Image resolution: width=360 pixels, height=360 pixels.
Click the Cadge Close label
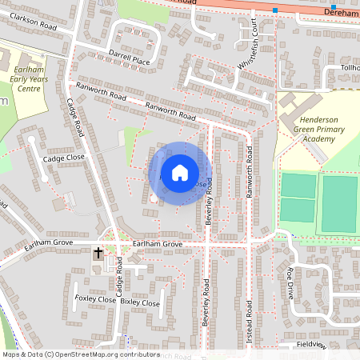[x=63, y=158]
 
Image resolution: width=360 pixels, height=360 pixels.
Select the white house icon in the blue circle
[x=180, y=173]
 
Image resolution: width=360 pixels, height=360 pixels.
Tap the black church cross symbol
[x=98, y=254]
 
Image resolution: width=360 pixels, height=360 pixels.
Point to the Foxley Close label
[x=95, y=299]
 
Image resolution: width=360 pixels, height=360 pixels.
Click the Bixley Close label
[x=140, y=303]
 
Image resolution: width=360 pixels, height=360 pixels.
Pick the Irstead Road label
[x=249, y=320]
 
